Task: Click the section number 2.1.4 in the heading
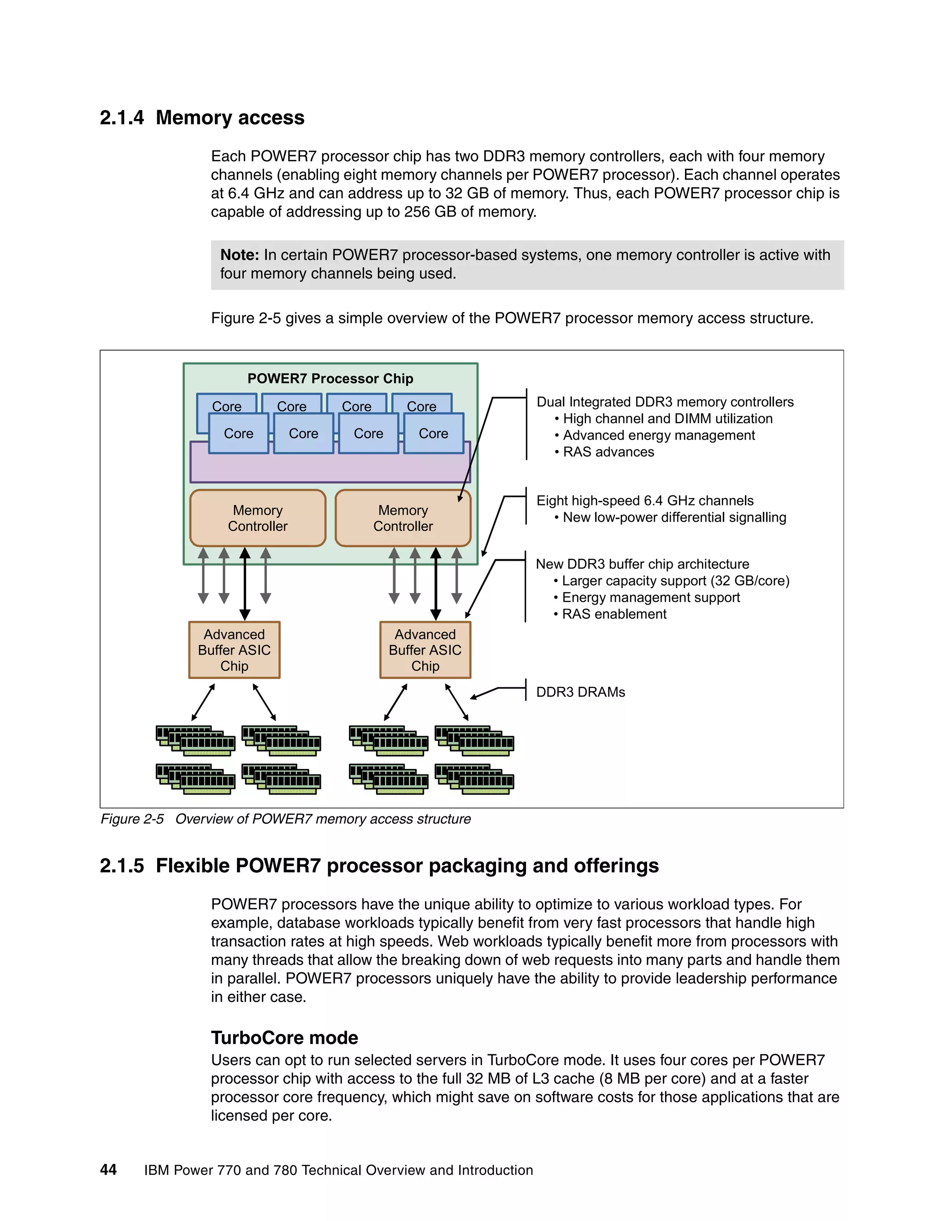click(121, 118)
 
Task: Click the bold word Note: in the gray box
click(239, 255)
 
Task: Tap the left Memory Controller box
click(257, 518)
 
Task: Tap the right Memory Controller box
click(403, 518)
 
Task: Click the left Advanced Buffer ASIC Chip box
click(234, 650)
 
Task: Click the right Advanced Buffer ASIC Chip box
click(425, 650)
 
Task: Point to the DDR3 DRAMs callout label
click(580, 692)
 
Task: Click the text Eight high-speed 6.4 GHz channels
click(645, 500)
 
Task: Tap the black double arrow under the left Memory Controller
click(245, 584)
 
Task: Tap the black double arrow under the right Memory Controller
click(436, 584)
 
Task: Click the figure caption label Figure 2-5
click(132, 819)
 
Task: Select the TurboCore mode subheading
click(284, 1038)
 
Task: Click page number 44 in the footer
click(108, 1170)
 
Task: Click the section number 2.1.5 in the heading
click(121, 866)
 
